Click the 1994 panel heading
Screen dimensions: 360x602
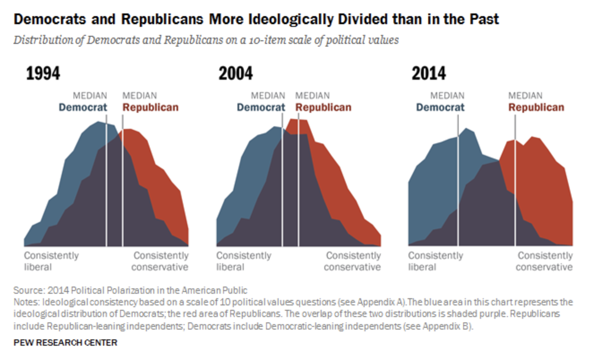click(x=43, y=73)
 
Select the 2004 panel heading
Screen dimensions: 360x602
click(x=236, y=73)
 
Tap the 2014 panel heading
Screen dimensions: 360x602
click(x=429, y=73)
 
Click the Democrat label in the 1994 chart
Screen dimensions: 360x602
click(x=83, y=107)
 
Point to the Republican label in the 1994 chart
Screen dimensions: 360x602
click(x=150, y=107)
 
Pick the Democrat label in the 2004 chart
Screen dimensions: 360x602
click(x=261, y=107)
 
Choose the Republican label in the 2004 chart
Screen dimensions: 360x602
click(x=323, y=107)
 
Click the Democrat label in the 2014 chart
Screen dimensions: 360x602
click(x=440, y=107)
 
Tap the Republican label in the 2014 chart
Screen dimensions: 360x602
click(x=536, y=107)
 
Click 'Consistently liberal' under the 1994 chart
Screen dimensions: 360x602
click(x=51, y=261)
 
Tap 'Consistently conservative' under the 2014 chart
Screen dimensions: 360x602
click(x=544, y=261)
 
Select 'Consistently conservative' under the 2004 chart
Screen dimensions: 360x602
click(x=353, y=261)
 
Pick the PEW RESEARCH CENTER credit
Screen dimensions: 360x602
click(x=65, y=343)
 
